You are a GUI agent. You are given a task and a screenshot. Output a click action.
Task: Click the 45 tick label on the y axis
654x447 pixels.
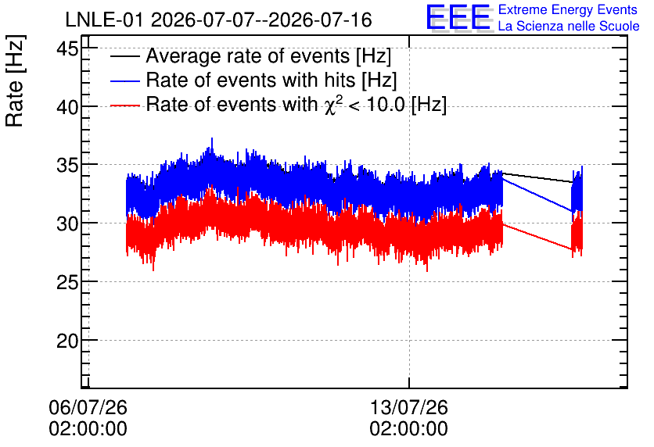67,49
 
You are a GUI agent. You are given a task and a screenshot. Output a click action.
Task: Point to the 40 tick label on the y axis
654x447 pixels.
67,108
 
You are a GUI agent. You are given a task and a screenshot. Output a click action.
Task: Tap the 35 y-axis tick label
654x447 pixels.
67,166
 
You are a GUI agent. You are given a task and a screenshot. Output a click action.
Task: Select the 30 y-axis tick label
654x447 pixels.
67,224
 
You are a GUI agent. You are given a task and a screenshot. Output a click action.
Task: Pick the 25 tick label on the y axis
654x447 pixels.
67,283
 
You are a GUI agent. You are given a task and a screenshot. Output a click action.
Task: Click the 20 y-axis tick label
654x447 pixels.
67,342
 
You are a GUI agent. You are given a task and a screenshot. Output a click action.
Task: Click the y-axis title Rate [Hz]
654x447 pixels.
16,80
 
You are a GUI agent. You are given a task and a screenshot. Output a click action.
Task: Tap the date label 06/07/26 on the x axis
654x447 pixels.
88,407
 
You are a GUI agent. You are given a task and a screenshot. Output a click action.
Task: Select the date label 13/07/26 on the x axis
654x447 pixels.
408,407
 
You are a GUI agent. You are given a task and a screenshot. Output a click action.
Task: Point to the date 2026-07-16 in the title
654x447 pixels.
320,20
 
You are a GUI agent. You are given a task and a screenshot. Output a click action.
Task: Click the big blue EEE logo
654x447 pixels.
459,18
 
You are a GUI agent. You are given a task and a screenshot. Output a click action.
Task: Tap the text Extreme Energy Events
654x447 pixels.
568,9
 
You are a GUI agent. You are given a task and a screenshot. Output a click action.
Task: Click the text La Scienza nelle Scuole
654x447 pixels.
569,26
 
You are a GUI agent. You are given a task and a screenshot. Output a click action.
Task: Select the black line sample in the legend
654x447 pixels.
124,56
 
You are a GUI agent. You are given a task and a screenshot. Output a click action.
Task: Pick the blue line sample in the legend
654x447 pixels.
124,80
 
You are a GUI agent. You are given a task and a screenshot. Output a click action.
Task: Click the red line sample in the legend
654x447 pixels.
124,105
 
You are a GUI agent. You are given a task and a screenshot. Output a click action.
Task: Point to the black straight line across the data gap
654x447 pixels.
537,177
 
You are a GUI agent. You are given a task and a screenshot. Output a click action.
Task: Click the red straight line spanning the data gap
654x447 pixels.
537,237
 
